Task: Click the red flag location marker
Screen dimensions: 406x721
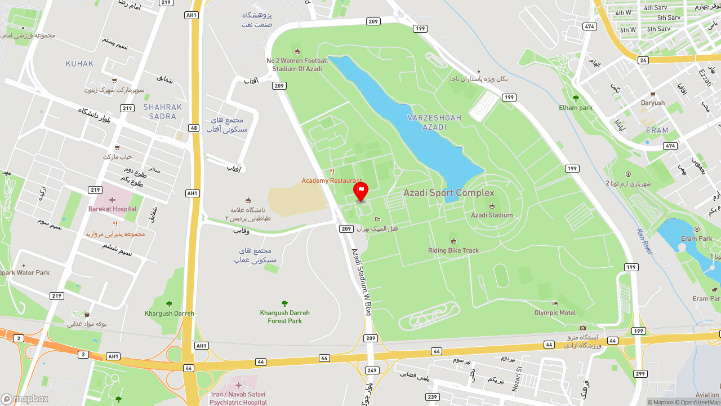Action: pyautogui.click(x=360, y=191)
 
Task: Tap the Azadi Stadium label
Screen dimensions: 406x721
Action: pyautogui.click(x=492, y=215)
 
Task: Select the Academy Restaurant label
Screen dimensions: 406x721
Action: pyautogui.click(x=331, y=180)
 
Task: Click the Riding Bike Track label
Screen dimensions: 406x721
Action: pyautogui.click(x=453, y=250)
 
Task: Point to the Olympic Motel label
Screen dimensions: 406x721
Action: pyautogui.click(x=555, y=312)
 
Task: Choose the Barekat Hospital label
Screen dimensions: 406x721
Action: pyautogui.click(x=113, y=209)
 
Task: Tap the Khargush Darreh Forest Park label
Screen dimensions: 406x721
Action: pyautogui.click(x=284, y=317)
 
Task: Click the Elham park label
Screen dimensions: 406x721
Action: pyautogui.click(x=576, y=107)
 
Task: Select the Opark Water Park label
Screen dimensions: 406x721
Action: pyautogui.click(x=25, y=272)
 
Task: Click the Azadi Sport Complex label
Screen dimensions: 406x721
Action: pyautogui.click(x=448, y=193)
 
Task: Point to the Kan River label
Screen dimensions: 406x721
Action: pyautogui.click(x=644, y=241)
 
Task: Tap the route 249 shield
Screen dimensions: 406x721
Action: pyautogui.click(x=372, y=370)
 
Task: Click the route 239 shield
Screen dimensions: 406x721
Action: pyautogui.click(x=433, y=397)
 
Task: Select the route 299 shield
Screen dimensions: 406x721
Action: pyautogui.click(x=640, y=373)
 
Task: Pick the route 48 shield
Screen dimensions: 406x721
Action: pyautogui.click(x=194, y=128)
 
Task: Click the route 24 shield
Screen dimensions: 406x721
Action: pyautogui.click(x=643, y=60)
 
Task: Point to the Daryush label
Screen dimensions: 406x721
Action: pyautogui.click(x=653, y=103)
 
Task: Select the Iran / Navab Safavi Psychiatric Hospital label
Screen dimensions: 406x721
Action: pyautogui.click(x=238, y=398)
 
